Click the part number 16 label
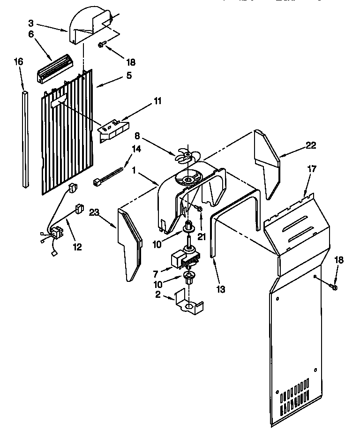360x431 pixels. (18, 62)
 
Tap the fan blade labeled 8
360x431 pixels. (187, 156)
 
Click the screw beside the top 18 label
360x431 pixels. (102, 45)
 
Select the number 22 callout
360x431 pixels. (310, 146)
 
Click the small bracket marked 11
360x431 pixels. (113, 128)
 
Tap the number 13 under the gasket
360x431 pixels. (220, 289)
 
